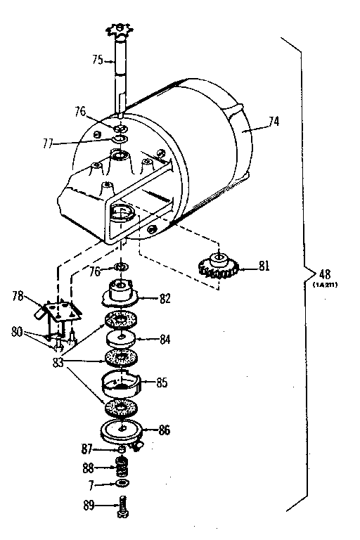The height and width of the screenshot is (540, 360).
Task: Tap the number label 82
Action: click(x=165, y=297)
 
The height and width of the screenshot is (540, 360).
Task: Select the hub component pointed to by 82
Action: click(x=122, y=291)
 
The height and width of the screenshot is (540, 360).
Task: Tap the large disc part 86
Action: click(x=123, y=430)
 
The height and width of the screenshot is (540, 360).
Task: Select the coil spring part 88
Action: click(x=122, y=465)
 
